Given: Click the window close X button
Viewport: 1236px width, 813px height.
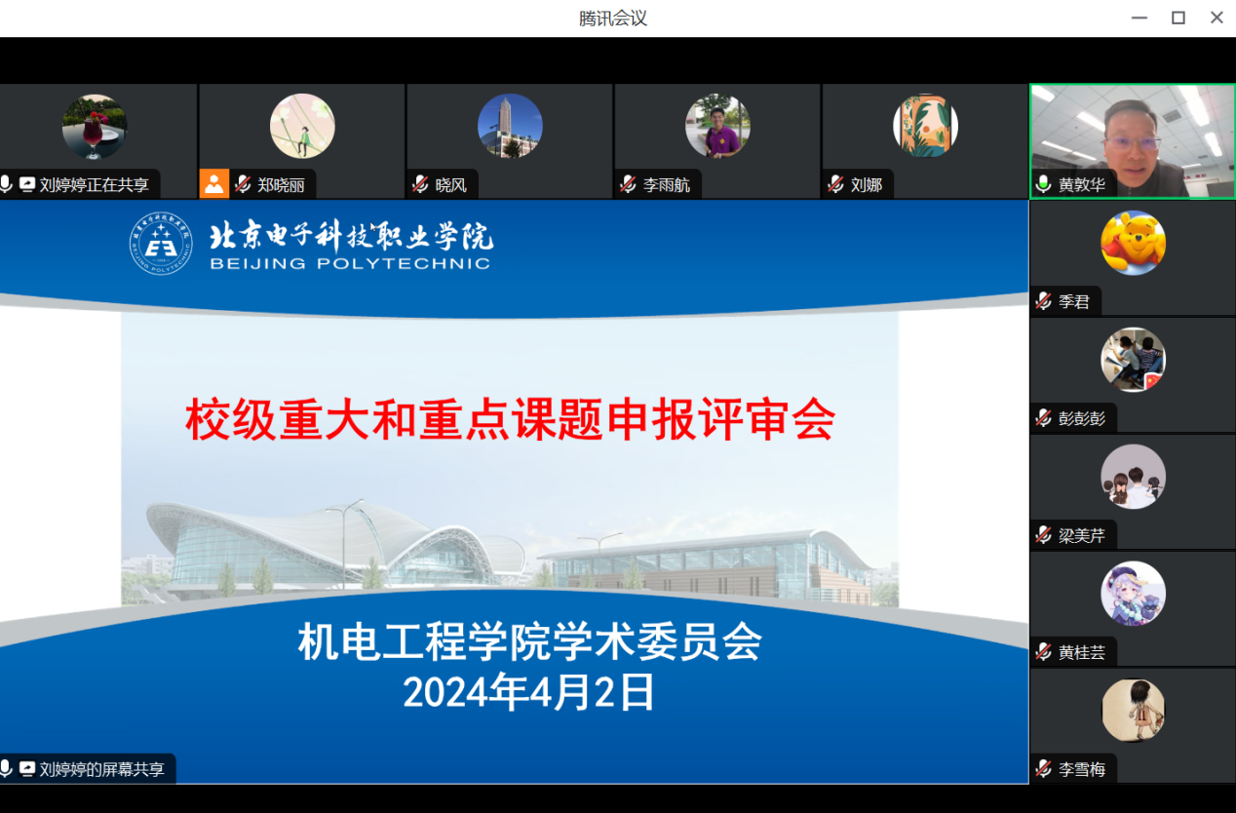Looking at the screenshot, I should coord(1217,18).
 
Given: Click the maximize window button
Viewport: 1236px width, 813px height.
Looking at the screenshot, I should coord(1178,18).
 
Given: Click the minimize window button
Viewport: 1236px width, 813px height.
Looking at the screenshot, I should coord(1139,18).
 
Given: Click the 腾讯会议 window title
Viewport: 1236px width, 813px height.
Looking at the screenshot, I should coord(612,19).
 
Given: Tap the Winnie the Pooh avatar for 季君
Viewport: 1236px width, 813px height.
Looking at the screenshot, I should coord(1133,243).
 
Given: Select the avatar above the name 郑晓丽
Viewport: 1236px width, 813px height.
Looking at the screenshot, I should coord(302,126).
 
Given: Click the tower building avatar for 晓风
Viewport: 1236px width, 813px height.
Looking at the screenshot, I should coord(510,126).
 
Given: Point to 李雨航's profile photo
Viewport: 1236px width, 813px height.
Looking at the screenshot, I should coord(717,126).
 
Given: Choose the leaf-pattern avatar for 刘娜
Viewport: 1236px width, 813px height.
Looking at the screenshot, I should coord(925,126).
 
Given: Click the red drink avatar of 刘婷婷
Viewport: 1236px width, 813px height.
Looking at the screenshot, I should coord(95,126).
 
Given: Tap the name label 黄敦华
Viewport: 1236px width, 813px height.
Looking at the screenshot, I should coord(1082,184).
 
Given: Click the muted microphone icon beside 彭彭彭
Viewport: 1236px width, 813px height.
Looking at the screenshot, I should coord(1044,418).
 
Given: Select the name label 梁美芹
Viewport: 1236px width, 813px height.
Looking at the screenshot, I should coord(1082,535).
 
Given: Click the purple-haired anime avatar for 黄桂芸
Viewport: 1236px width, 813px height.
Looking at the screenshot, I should coord(1133,594).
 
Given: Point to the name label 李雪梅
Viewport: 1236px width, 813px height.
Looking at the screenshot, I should coord(1082,769).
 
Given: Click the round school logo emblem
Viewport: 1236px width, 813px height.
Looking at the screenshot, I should coord(161,244).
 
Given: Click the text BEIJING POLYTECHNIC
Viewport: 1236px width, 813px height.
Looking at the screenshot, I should coord(350,263).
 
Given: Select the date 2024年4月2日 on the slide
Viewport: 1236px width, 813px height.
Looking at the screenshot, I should coord(529,693).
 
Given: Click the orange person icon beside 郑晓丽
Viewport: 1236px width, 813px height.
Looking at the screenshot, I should coord(214,183).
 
